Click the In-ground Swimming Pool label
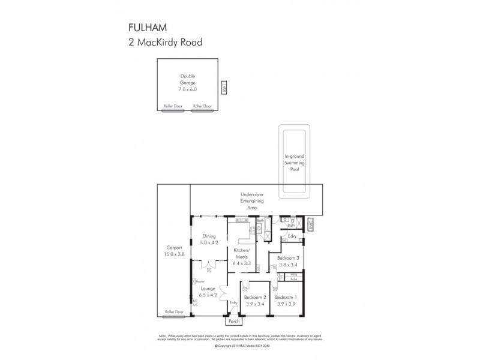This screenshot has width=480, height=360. coord(294,163)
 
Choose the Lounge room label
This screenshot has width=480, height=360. coord(208,289)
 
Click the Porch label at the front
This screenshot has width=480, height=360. coord(233,321)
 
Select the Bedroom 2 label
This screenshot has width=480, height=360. coord(255,297)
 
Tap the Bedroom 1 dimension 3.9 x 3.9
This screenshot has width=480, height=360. coord(285,304)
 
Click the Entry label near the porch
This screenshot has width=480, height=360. coord(233,302)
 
